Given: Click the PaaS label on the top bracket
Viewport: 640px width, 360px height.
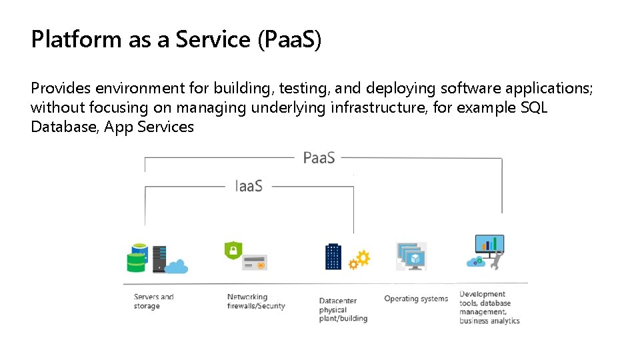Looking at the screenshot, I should pos(319,158).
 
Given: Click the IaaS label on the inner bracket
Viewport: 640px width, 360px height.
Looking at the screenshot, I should pos(249,186).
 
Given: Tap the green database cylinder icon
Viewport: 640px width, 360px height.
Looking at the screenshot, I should pos(137,258).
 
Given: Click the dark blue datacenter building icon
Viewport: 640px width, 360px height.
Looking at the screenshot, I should pos(333,256).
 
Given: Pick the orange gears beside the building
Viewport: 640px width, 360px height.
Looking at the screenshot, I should pos(360,259).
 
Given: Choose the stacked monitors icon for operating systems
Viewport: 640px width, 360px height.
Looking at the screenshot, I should pos(411,256).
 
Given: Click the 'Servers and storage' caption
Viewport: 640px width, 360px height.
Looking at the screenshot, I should pos(153,301).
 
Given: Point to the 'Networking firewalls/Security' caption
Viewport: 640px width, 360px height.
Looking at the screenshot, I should pos(255,301).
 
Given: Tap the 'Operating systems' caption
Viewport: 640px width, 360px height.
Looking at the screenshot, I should pos(416,299).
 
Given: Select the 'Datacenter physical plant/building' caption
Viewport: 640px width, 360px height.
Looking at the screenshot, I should pos(343,310).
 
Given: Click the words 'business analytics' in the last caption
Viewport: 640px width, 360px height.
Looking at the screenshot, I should pos(489,321).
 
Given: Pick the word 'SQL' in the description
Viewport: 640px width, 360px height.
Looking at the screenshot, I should pos(533,107).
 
